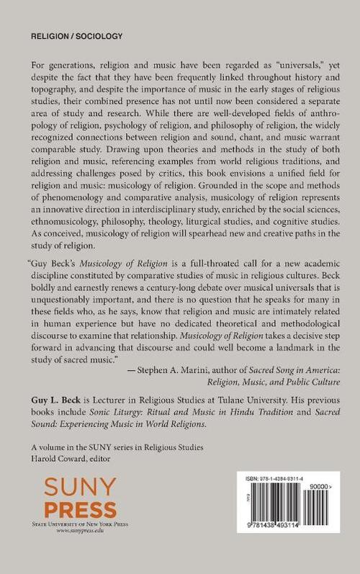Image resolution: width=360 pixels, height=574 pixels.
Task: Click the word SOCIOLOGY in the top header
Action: click(98, 35)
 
